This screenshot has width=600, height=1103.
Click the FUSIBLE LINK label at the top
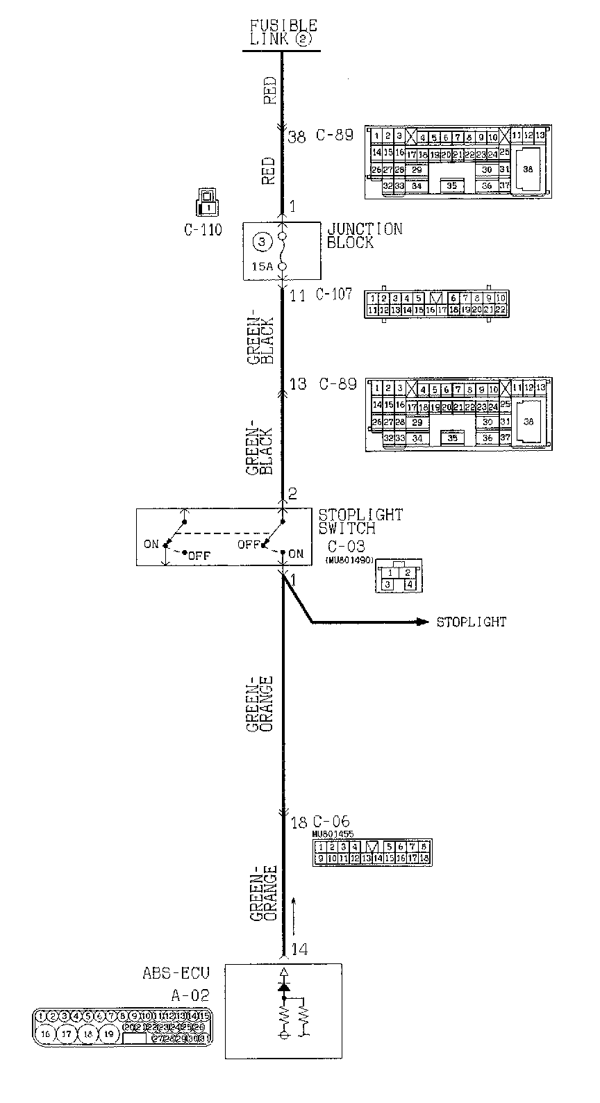point(283,33)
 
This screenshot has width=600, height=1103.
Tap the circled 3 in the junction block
point(261,242)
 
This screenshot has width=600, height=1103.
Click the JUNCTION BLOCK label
point(364,235)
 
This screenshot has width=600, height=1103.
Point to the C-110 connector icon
point(206,201)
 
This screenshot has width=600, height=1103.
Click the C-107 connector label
point(335,295)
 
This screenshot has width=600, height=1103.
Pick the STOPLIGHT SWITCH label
point(360,521)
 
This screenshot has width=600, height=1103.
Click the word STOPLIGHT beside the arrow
point(471,622)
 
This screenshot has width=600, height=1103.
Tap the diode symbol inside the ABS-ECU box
point(283,986)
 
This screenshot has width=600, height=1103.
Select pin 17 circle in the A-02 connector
point(67,1034)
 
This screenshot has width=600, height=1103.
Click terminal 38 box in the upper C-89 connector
point(528,169)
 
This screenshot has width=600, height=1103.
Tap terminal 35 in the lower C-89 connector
point(453,438)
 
